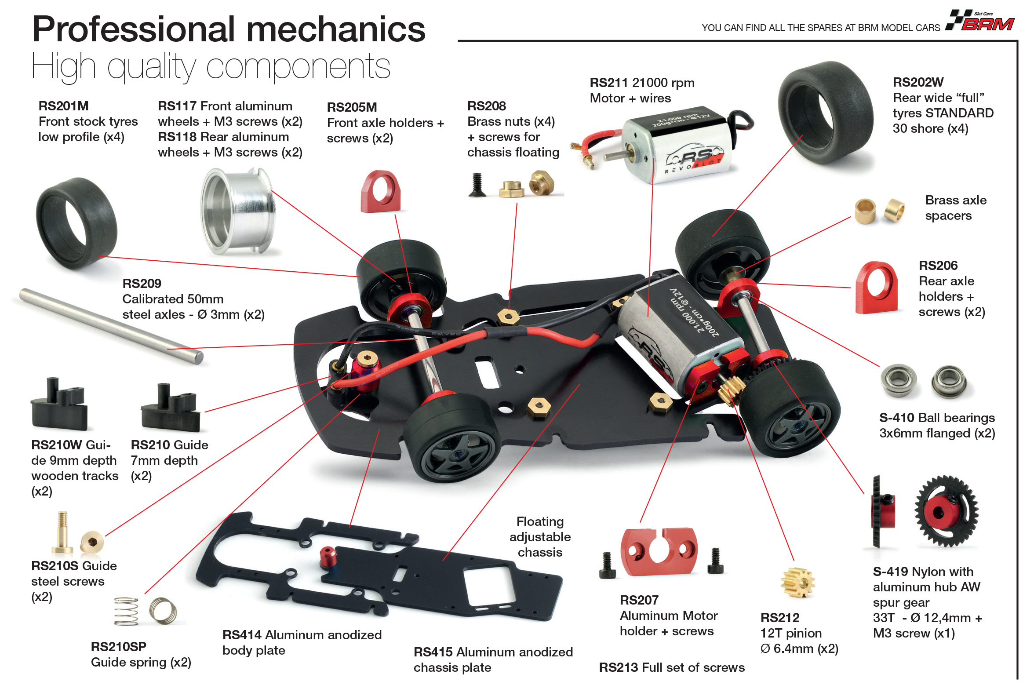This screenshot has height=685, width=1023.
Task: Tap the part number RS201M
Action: [x=63, y=106]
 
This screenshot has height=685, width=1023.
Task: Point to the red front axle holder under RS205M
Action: [x=380, y=192]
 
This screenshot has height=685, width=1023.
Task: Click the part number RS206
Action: [x=938, y=266]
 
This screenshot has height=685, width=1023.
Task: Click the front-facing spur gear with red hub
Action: [x=947, y=511]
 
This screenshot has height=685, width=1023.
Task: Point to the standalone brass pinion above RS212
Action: [x=798, y=582]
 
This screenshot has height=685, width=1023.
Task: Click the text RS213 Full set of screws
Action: [x=672, y=667]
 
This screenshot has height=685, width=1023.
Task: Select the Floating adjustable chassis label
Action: [x=540, y=537]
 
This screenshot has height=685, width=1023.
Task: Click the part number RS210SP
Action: [x=118, y=647]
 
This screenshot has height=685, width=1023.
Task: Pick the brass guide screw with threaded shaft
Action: [x=62, y=532]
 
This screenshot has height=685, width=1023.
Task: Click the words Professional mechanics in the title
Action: [x=229, y=29]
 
